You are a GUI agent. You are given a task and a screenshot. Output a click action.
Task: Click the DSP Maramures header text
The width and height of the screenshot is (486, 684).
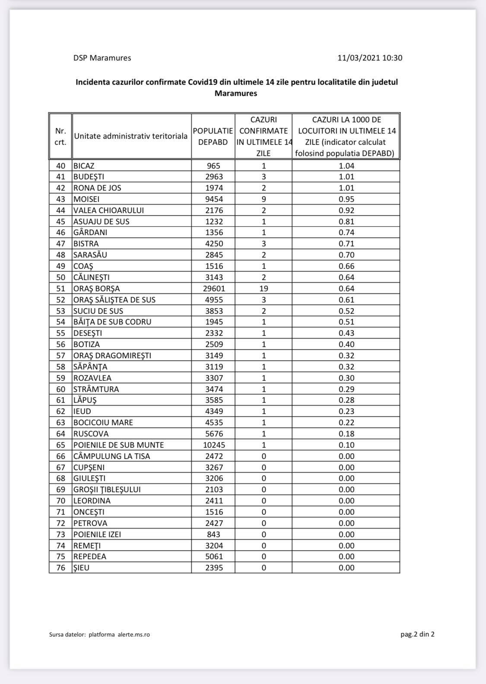[102, 58]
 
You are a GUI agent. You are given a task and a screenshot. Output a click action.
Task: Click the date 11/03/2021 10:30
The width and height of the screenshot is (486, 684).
[370, 58]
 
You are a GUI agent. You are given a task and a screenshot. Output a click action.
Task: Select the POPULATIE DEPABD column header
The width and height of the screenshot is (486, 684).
[213, 136]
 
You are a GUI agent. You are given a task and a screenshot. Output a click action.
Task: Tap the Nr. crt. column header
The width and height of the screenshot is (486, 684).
[60, 136]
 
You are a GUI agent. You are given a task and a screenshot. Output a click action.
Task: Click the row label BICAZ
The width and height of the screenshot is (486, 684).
[84, 165]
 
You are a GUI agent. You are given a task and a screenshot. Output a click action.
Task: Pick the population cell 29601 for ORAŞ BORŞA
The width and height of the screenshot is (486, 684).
[213, 288]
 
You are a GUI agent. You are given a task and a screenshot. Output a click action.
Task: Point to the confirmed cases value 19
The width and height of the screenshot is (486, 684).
[264, 288]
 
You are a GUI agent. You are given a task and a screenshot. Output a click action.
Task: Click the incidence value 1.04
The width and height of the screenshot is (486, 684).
[346, 165]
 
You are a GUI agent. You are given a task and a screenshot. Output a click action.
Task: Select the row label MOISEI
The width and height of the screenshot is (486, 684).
[86, 199]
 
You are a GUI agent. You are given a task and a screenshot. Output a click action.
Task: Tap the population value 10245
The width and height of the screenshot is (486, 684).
[213, 445]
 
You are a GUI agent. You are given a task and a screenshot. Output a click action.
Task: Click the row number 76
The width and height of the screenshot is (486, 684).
[60, 567]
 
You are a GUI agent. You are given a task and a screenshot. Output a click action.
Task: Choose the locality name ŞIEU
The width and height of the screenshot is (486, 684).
[81, 567]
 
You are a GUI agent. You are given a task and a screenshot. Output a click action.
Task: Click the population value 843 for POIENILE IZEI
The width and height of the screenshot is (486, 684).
[213, 534]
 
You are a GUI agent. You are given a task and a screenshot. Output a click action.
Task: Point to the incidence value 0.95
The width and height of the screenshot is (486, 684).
[346, 199]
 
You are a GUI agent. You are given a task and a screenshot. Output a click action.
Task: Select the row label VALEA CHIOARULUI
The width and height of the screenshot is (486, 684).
[108, 210]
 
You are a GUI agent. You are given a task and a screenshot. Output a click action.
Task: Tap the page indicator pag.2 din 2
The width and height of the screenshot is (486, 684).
[417, 634]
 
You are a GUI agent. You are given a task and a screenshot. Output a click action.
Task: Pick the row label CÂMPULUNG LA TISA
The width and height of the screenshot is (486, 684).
[111, 456]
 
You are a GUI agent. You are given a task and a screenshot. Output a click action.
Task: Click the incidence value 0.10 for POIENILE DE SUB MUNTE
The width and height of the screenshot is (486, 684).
[346, 445]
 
